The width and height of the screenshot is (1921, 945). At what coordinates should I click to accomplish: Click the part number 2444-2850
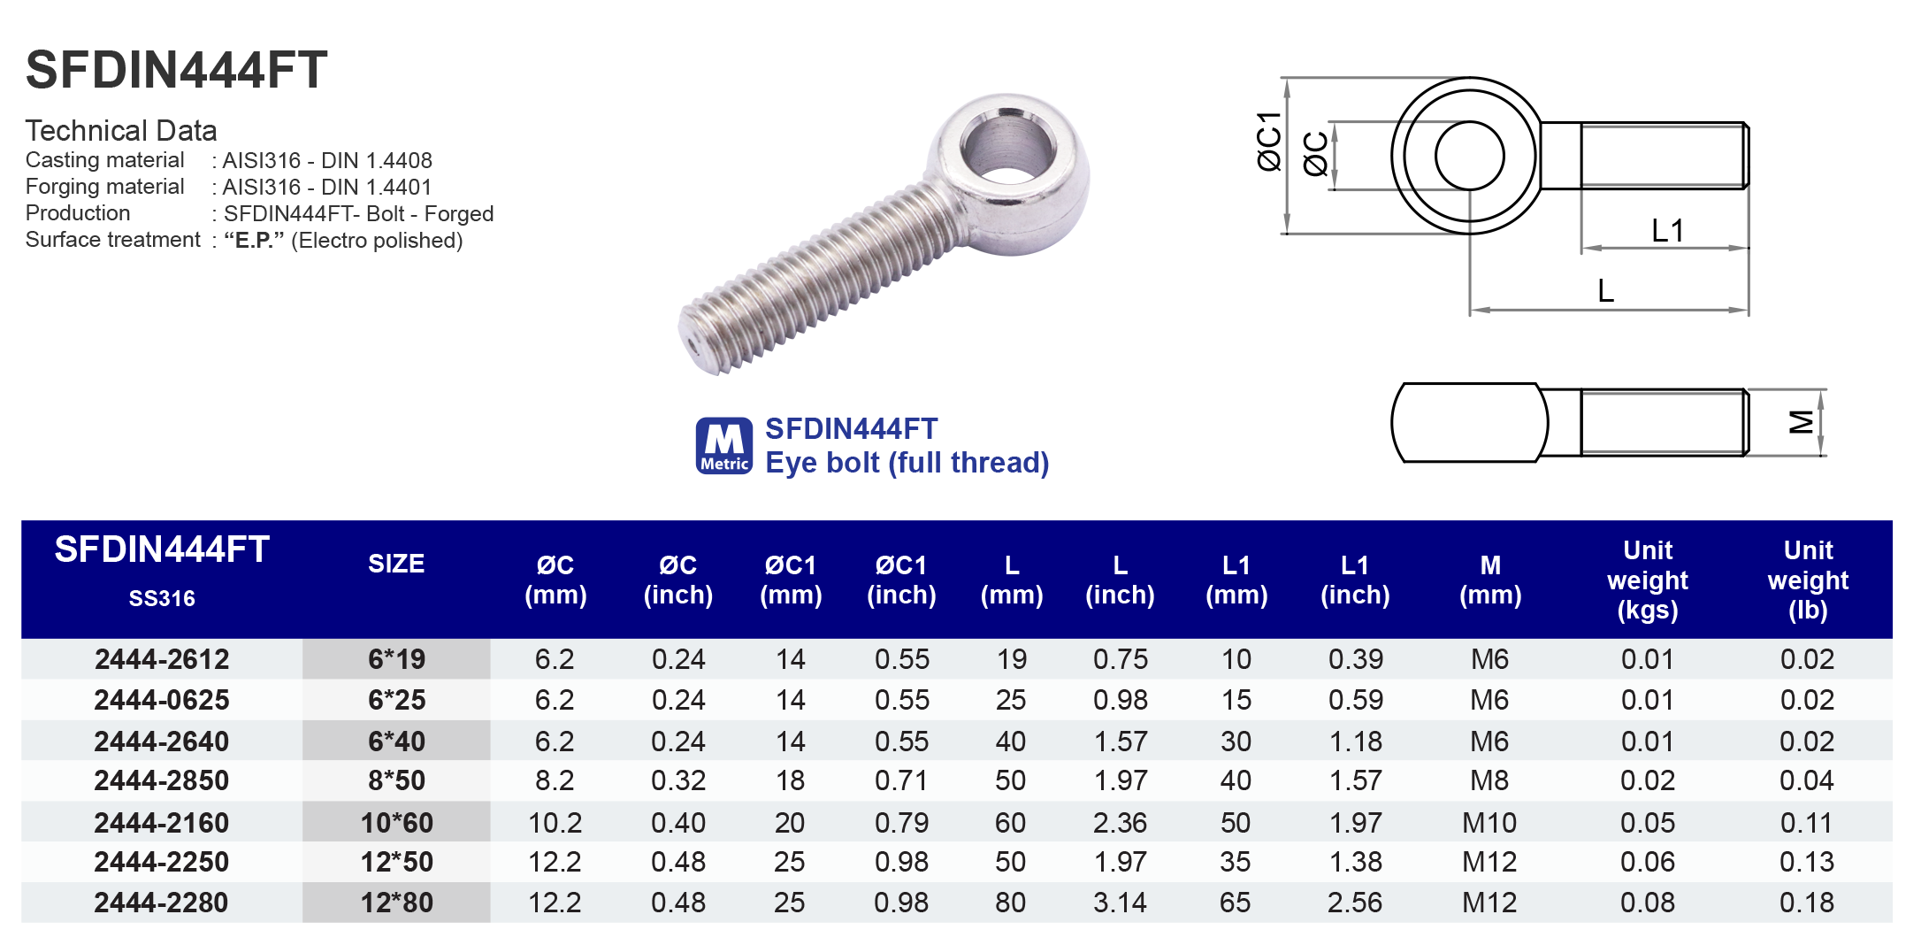pyautogui.click(x=161, y=780)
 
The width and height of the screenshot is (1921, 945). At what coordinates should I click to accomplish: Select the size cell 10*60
pyautogui.click(x=396, y=823)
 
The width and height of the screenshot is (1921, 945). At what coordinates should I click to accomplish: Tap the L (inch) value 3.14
pyautogui.click(x=1119, y=903)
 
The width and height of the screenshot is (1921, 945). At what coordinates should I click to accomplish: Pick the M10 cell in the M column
pyautogui.click(x=1489, y=823)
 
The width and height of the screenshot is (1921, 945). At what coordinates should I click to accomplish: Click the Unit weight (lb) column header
pyautogui.click(x=1807, y=580)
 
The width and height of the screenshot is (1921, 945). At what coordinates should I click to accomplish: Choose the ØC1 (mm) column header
pyautogui.click(x=790, y=580)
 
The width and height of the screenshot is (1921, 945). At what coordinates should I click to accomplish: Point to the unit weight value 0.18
pyautogui.click(x=1806, y=903)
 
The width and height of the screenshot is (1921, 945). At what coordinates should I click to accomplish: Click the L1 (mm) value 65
pyautogui.click(x=1235, y=903)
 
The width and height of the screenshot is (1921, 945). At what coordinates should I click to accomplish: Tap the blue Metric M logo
pyautogui.click(x=723, y=446)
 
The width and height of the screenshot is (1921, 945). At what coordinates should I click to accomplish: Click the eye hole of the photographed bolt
pyautogui.click(x=1007, y=147)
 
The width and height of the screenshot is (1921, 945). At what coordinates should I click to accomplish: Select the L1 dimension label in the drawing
pyautogui.click(x=1667, y=231)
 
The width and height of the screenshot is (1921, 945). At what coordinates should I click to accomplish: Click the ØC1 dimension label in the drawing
pyautogui.click(x=1268, y=142)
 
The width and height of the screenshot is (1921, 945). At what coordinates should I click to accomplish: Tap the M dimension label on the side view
pyautogui.click(x=1801, y=422)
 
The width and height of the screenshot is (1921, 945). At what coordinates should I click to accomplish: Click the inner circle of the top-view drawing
pyautogui.click(x=1469, y=156)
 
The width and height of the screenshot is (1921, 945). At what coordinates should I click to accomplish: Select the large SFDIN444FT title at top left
pyautogui.click(x=176, y=70)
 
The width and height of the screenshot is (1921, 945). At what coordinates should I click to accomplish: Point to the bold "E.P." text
pyautogui.click(x=254, y=241)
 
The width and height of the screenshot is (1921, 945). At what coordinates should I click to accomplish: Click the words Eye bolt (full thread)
pyautogui.click(x=907, y=463)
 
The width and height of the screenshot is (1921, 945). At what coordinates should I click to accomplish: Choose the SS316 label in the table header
pyautogui.click(x=162, y=599)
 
